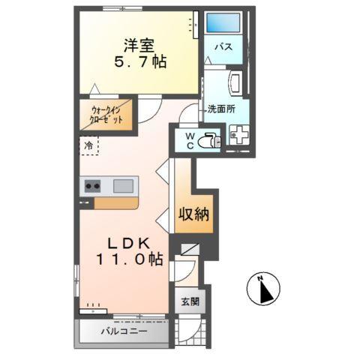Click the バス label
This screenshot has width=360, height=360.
point(223,47)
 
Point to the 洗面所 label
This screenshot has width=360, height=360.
point(223,109)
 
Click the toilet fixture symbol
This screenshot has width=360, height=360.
point(209,140)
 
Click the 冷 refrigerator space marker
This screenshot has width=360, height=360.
point(89,146)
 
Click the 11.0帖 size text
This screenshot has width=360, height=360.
point(126,260)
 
